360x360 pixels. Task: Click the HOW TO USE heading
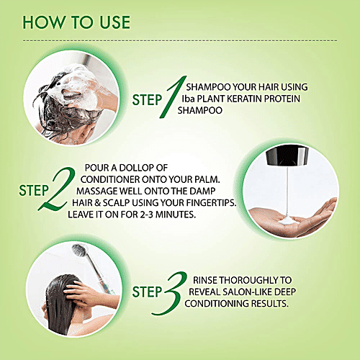tap(76, 22)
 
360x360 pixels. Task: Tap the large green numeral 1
tap(174, 97)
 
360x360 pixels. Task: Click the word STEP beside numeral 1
tap(147, 100)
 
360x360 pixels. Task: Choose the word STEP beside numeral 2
tap(34, 191)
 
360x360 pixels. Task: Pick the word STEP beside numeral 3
tap(147, 292)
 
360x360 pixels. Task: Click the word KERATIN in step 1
tap(244, 99)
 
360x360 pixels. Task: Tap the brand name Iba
tap(188, 99)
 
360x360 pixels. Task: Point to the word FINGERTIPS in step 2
tap(211, 203)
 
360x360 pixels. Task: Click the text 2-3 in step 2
tap(146, 215)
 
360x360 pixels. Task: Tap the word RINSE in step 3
tap(205, 280)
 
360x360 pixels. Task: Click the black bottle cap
tap(287, 156)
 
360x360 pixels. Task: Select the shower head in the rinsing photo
tap(80, 251)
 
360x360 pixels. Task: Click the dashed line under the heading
tap(180, 40)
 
